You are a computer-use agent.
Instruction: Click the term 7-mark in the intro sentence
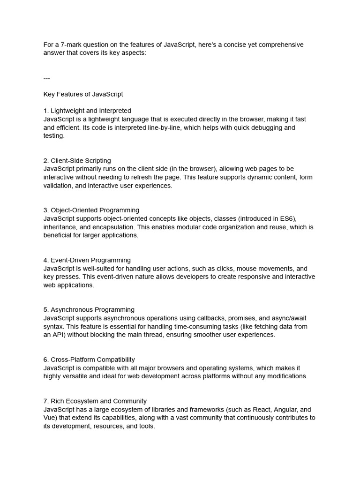pyautogui.click(x=70, y=45)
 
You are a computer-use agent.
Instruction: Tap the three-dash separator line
pyautogui.click(x=47, y=78)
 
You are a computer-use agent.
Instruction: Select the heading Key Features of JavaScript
pyautogui.click(x=83, y=94)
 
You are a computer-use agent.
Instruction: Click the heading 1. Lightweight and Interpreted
pyautogui.click(x=87, y=111)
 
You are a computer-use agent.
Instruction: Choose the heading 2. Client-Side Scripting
pyautogui.click(x=77, y=161)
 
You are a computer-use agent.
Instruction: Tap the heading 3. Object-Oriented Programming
pyautogui.click(x=91, y=210)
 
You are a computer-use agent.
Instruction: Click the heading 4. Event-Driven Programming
pyautogui.click(x=87, y=260)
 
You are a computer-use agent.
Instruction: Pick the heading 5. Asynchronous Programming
pyautogui.click(x=89, y=310)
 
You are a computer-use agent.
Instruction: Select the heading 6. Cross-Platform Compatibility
pyautogui.click(x=89, y=360)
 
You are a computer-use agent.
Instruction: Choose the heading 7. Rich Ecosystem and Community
pyautogui.click(x=95, y=401)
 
